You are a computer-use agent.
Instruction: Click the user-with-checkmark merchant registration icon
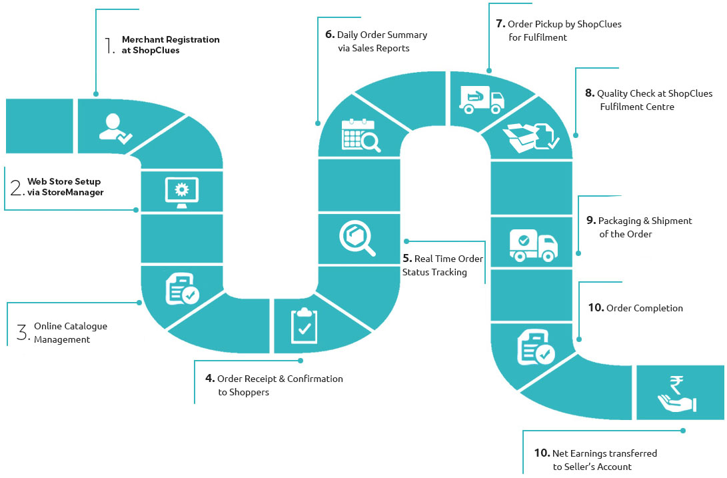(x=115, y=129)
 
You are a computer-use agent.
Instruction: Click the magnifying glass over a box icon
(x=357, y=238)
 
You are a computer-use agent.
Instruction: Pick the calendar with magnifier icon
(x=361, y=135)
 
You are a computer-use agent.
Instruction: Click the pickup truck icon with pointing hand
(x=481, y=99)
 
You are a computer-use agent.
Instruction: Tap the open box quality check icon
(x=531, y=138)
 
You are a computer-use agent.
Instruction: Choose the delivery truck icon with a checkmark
(x=533, y=245)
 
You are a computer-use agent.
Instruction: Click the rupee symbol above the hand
(x=676, y=385)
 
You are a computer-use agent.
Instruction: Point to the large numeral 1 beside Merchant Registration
(x=109, y=45)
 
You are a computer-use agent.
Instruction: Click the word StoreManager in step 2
(x=73, y=192)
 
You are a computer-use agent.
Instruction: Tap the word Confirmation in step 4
(x=315, y=379)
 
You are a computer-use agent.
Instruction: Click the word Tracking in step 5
(x=449, y=273)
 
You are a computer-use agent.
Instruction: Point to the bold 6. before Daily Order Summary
(x=330, y=35)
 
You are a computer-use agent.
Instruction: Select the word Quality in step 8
(x=612, y=94)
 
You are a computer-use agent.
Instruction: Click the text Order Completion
(x=644, y=308)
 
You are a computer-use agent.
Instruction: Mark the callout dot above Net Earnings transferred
(x=683, y=431)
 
